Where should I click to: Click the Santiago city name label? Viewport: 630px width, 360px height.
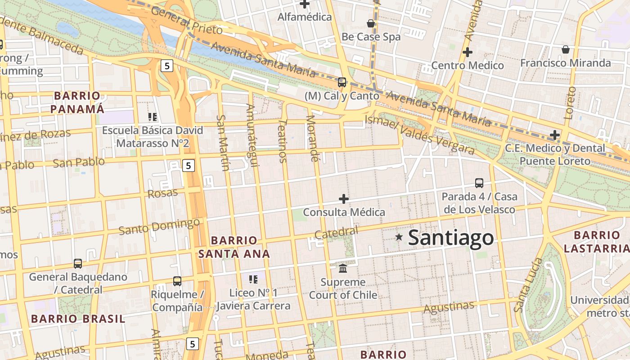450,238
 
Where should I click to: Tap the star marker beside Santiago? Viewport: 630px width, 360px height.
399,237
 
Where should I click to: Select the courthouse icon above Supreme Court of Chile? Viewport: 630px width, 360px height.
343,268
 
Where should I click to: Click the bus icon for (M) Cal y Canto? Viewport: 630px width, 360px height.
342,82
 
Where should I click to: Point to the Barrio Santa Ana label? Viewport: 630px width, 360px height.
234,247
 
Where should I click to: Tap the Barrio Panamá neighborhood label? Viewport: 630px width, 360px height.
77,102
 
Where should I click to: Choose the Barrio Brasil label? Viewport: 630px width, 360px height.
78,319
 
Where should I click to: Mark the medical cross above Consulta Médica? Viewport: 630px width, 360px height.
344,198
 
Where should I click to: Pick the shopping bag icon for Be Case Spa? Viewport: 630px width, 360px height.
371,23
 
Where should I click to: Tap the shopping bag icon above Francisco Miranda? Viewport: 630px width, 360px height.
565,49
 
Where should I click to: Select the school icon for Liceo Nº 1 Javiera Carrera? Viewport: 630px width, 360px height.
253,279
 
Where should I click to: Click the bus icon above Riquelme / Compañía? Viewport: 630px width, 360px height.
177,281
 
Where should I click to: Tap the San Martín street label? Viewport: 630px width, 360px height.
223,142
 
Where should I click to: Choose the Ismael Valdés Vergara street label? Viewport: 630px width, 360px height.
419,134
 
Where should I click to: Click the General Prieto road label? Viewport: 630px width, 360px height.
186,21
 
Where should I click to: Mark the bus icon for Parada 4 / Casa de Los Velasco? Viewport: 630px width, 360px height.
479,183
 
